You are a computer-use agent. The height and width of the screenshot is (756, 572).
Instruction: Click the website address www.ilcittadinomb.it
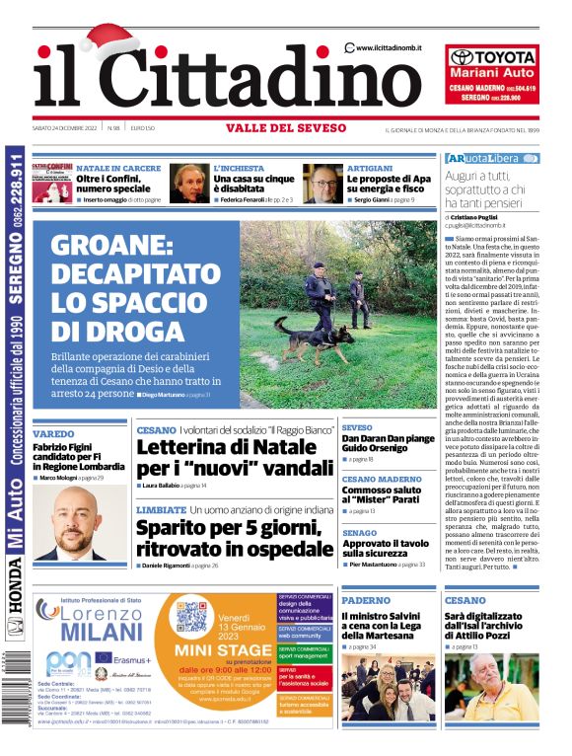click(x=393, y=47)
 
